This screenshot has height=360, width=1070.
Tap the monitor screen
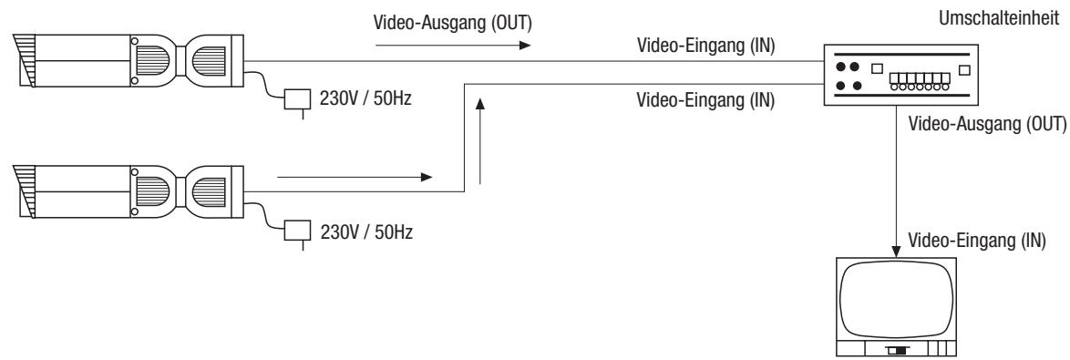[x=897, y=297]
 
